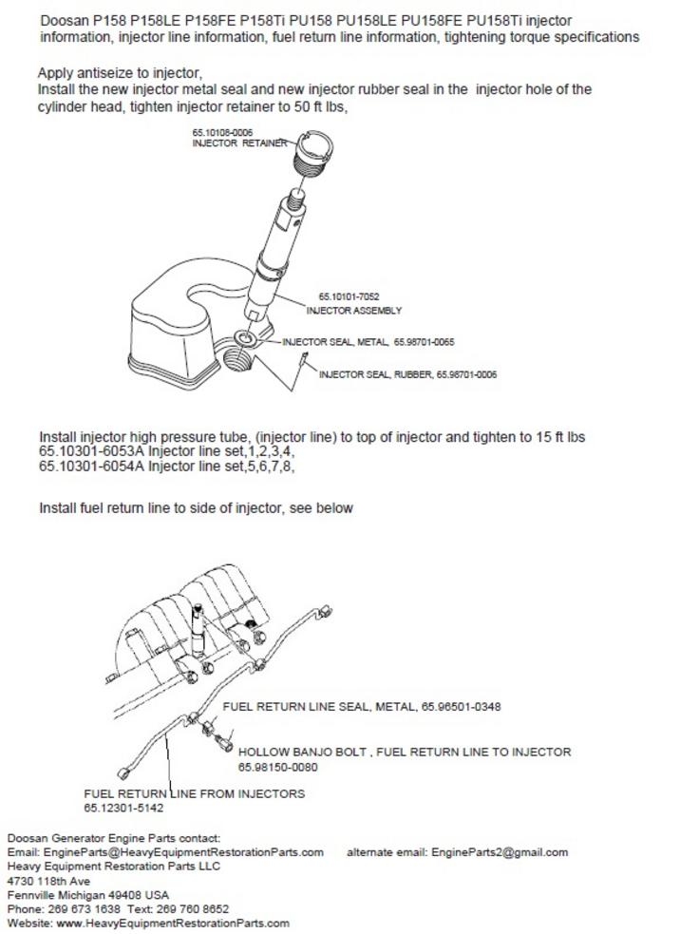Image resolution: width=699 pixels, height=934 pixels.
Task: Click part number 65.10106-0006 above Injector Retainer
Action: (x=222, y=132)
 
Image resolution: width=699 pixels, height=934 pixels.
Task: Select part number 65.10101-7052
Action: (x=342, y=296)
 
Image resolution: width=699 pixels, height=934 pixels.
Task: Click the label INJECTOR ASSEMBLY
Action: (x=353, y=310)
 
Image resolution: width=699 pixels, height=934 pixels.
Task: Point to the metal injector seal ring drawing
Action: (x=244, y=339)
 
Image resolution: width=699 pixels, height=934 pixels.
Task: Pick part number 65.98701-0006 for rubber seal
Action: (x=466, y=374)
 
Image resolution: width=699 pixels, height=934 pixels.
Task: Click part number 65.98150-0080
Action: (x=277, y=767)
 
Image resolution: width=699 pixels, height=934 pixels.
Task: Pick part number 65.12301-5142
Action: (x=123, y=808)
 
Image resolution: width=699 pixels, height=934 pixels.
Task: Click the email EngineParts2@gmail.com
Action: (x=500, y=852)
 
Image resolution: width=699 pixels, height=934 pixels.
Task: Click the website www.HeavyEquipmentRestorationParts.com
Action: (x=173, y=923)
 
